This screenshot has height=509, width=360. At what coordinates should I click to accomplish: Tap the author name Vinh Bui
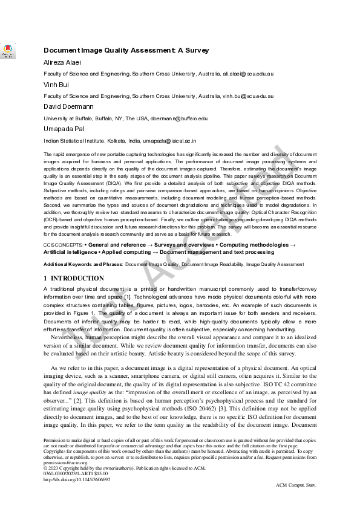pos(54,85)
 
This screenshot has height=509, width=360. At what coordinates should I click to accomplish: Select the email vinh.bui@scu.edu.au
pos(248,96)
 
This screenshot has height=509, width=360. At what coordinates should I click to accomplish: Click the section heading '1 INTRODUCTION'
pos(74,279)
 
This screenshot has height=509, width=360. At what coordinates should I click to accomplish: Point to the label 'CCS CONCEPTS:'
pos(64,243)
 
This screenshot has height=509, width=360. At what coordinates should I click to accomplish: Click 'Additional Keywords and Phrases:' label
pos(83,264)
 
